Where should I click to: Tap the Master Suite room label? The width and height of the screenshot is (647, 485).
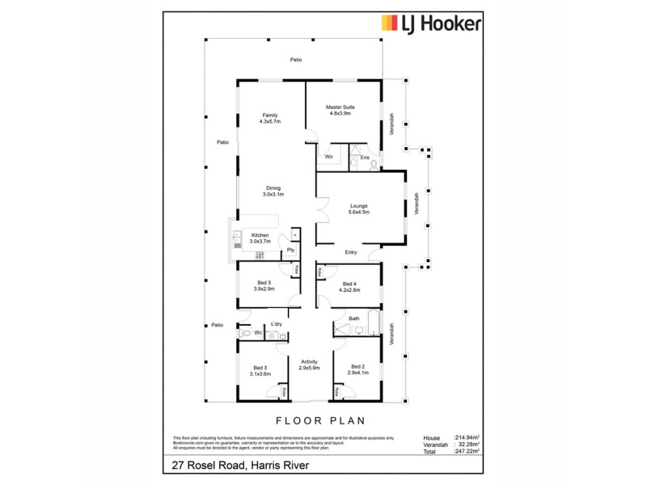point(340,107)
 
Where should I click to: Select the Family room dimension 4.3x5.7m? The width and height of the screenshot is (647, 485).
point(269,121)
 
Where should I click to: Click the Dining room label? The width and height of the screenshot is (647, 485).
point(273,188)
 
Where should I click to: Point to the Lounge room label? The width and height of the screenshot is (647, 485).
point(359,205)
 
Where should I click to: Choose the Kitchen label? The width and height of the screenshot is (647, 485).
point(260,234)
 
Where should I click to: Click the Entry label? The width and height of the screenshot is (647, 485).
point(350,251)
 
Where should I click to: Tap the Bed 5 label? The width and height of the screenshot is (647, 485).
point(263,282)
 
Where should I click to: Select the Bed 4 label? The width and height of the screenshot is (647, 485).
point(349,283)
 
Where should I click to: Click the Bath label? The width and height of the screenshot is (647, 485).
point(354,318)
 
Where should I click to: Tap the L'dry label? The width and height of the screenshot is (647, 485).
point(276,324)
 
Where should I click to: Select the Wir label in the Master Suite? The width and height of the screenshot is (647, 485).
point(329,157)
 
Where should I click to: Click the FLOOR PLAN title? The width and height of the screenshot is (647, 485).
point(321,420)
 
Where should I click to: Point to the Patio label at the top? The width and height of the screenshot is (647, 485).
point(296,61)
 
